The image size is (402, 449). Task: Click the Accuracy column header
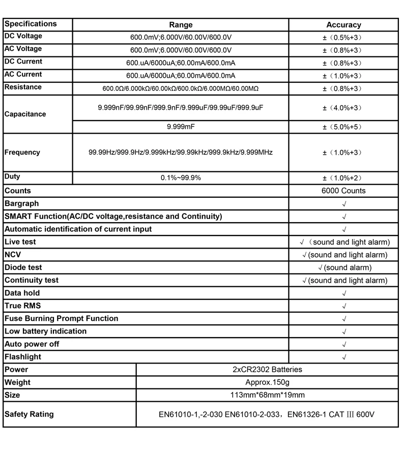pyautogui.click(x=343, y=25)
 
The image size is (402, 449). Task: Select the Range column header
pyautogui.click(x=181, y=25)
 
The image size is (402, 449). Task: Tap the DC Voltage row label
pyautogui.click(x=23, y=37)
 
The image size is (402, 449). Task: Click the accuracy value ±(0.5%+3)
pyautogui.click(x=343, y=38)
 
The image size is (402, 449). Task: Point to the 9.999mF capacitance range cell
pyautogui.click(x=181, y=127)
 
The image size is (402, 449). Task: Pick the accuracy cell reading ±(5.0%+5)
pyautogui.click(x=343, y=127)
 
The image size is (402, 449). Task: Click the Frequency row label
pyautogui.click(x=22, y=152)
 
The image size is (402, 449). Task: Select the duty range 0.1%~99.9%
pyautogui.click(x=181, y=177)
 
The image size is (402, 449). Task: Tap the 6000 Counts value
pyautogui.click(x=343, y=191)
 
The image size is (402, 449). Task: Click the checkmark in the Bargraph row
pyautogui.click(x=344, y=204)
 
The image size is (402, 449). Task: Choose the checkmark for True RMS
pyautogui.click(x=344, y=306)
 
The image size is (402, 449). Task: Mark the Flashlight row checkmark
pyautogui.click(x=344, y=357)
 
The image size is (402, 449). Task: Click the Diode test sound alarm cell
pyautogui.click(x=344, y=267)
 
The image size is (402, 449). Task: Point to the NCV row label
pyautogui.click(x=13, y=255)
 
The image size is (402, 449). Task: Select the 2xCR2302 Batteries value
pyautogui.click(x=267, y=370)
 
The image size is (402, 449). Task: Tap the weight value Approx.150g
pyautogui.click(x=267, y=382)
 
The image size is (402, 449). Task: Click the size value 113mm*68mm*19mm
pyautogui.click(x=267, y=395)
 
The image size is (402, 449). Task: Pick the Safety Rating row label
pyautogui.click(x=29, y=414)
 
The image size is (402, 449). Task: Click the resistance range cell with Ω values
pyautogui.click(x=181, y=88)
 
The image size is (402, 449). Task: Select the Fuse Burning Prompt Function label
pyautogui.click(x=62, y=318)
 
